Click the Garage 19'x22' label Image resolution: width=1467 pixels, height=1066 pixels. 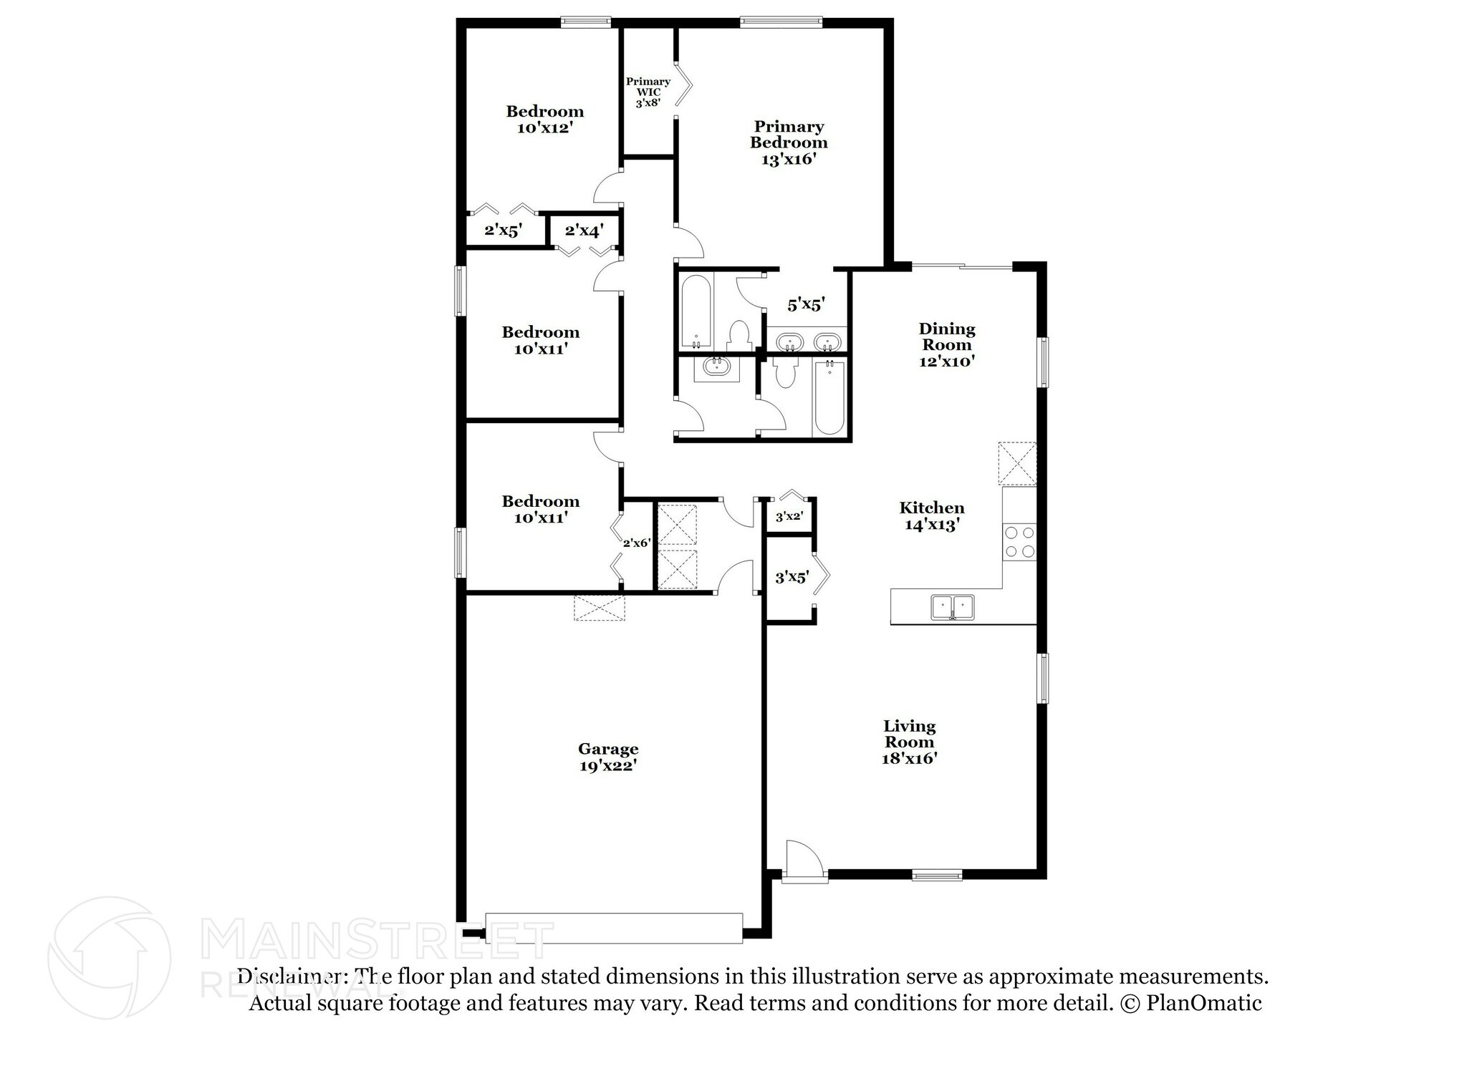click(608, 757)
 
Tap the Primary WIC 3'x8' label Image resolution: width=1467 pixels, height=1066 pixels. click(648, 92)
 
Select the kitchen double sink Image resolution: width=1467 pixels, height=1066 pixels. click(952, 607)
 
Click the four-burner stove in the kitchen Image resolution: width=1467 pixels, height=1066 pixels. click(1020, 542)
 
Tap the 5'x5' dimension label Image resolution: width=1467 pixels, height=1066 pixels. click(806, 305)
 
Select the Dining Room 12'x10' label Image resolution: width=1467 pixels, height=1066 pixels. click(947, 345)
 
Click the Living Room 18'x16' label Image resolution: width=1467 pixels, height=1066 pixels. click(909, 742)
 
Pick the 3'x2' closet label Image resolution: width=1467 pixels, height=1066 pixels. click(789, 516)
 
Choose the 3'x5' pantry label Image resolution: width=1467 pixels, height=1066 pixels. click(792, 577)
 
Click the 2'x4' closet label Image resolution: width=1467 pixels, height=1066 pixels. click(584, 231)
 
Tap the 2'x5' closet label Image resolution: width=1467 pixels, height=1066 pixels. click(503, 231)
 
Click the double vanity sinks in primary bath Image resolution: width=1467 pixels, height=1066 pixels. click(808, 341)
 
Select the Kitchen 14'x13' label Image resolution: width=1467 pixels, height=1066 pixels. click(931, 516)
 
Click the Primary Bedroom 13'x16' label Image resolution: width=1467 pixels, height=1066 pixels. click(789, 142)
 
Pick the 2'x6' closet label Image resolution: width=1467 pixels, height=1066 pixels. click(636, 543)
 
